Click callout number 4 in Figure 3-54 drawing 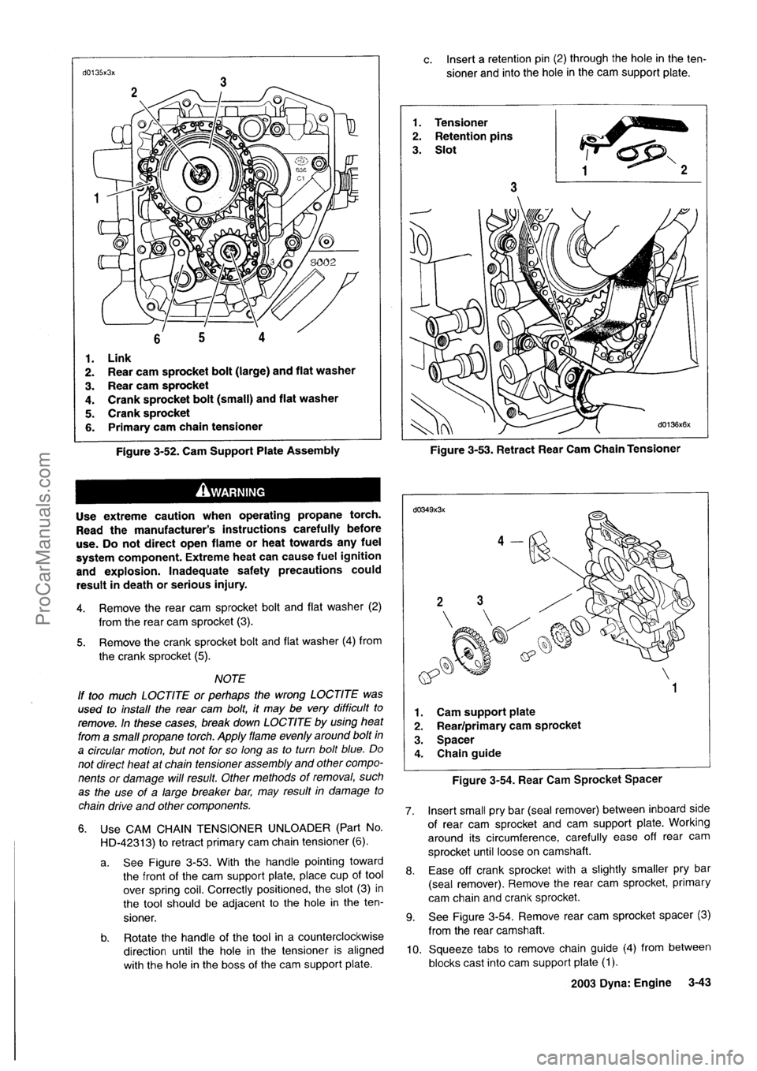click(x=498, y=542)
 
